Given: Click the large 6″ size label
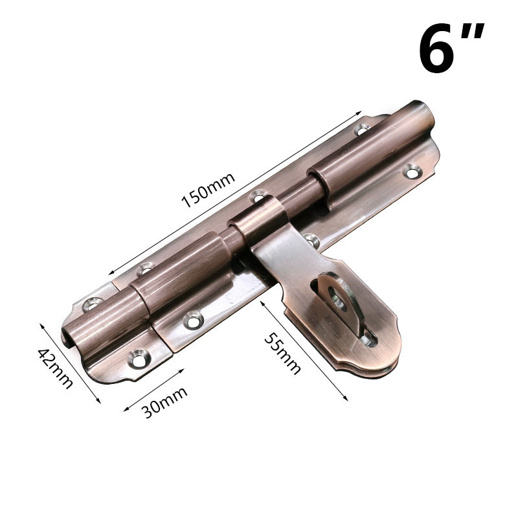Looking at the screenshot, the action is (451, 47).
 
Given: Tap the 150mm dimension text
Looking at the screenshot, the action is (208, 190).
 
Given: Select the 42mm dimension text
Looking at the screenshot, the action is (56, 368).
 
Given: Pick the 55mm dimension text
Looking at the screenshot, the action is (282, 354).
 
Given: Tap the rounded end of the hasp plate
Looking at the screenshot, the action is (374, 350).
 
